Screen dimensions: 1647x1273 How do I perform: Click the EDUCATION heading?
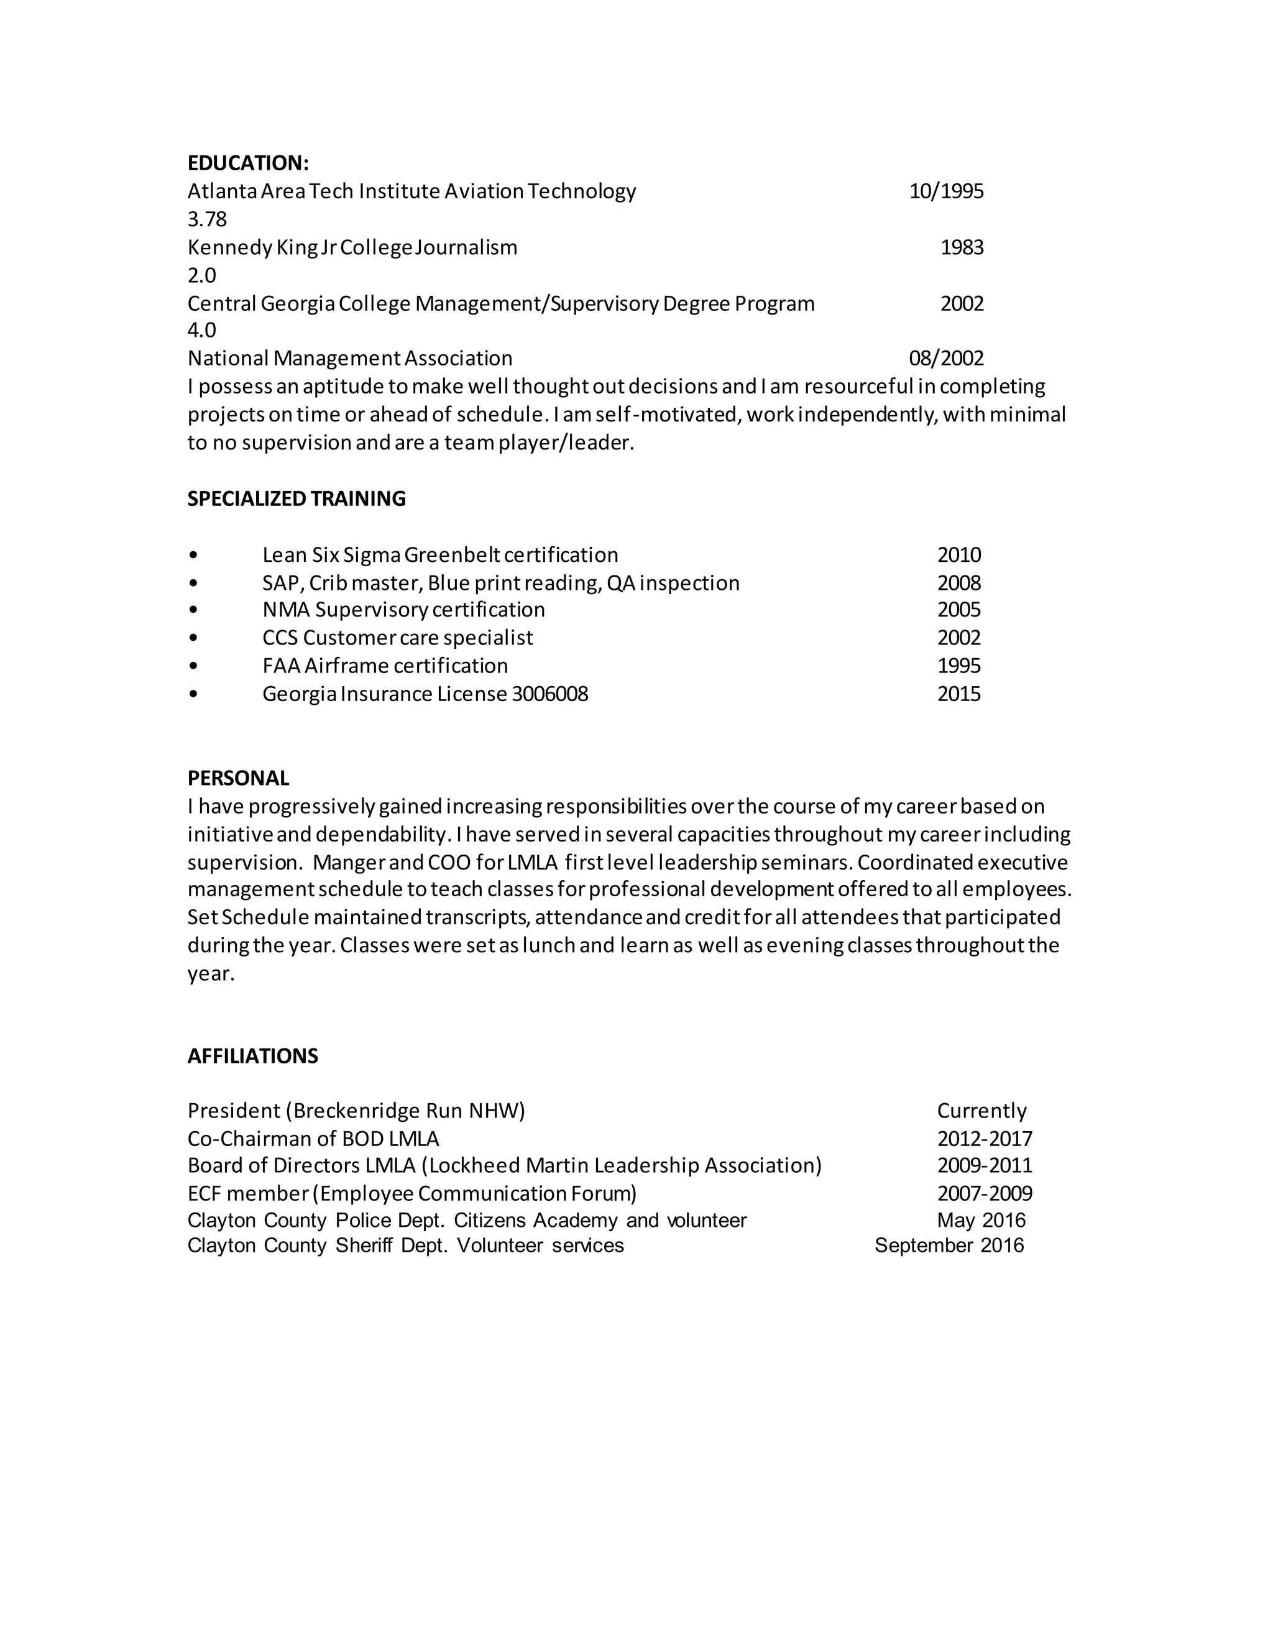click(x=248, y=163)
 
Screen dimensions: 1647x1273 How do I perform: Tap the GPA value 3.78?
click(x=206, y=219)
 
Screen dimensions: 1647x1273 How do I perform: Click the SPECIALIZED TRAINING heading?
click(x=296, y=498)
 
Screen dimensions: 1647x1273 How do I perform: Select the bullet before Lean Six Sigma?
click(x=194, y=556)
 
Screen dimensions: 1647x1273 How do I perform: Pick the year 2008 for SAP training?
click(x=958, y=583)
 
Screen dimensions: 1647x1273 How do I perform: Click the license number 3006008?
click(x=549, y=694)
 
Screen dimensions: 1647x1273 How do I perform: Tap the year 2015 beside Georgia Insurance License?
click(x=958, y=694)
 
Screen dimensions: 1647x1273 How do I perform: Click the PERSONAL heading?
click(x=238, y=778)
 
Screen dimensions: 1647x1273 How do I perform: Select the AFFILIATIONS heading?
click(x=252, y=1056)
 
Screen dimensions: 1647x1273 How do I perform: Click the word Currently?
click(x=981, y=1111)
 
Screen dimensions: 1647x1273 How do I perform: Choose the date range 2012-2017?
click(x=984, y=1139)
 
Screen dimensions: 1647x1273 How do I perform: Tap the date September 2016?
click(x=949, y=1245)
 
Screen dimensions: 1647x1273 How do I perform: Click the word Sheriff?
click(x=364, y=1245)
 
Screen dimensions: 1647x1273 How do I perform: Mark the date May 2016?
click(x=981, y=1220)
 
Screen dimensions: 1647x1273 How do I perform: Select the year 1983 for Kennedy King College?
click(x=962, y=247)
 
